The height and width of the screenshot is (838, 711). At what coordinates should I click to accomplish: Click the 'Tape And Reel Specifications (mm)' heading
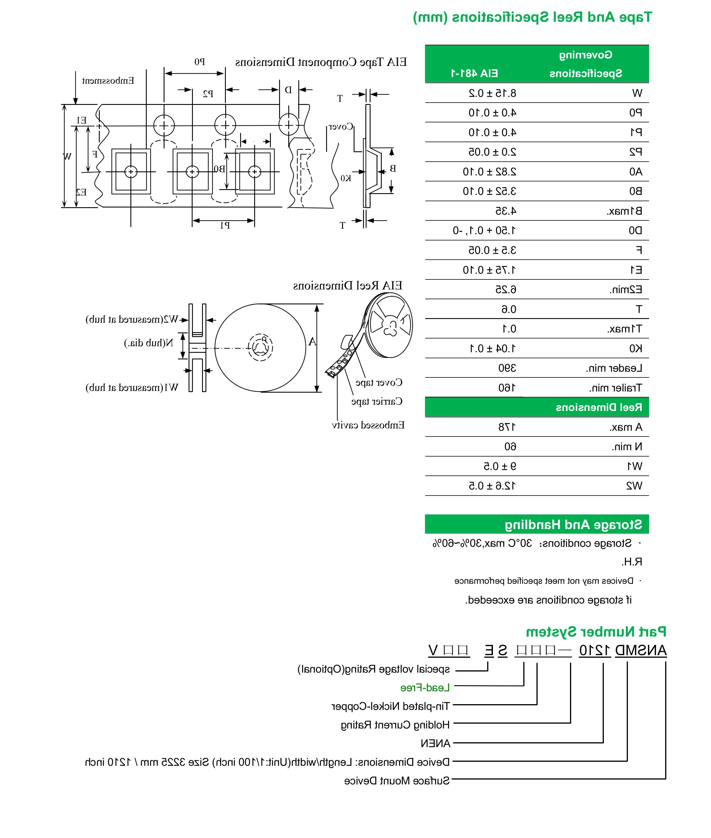[x=532, y=17]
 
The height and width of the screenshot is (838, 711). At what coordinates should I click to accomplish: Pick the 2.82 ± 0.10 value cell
[x=489, y=172]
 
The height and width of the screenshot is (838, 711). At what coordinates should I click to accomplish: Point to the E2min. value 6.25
[x=506, y=289]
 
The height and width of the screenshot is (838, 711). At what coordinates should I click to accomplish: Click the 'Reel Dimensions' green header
[x=599, y=407]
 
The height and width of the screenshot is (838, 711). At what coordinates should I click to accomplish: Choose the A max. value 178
[x=507, y=427]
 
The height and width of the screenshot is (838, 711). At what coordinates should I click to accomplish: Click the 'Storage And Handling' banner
[x=573, y=524]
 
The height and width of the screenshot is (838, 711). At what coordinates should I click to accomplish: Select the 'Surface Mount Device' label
[x=397, y=781]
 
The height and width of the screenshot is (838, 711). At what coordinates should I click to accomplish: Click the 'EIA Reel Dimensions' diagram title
[x=347, y=286]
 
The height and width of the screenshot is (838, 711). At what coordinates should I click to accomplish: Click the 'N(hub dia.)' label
[x=149, y=343]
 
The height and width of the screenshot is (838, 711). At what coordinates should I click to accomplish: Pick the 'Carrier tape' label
[x=377, y=402]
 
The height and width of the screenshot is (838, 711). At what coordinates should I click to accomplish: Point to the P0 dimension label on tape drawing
[x=200, y=62]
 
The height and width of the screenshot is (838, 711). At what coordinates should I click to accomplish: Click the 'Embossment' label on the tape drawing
[x=108, y=81]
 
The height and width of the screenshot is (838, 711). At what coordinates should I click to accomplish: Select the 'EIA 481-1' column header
[x=474, y=73]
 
